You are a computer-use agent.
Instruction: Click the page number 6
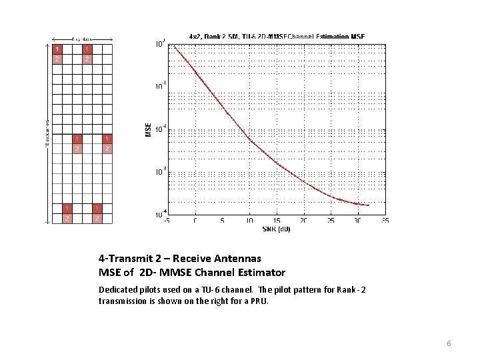pyautogui.click(x=449, y=343)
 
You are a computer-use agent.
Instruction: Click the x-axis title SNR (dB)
pyautogui.click(x=277, y=229)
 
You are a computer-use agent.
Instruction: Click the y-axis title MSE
pyautogui.click(x=148, y=129)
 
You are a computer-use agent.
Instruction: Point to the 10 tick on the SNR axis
pyautogui.click(x=249, y=221)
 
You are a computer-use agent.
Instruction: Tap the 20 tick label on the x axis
pyautogui.click(x=303, y=221)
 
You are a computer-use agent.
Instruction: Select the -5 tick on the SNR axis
pyautogui.click(x=167, y=221)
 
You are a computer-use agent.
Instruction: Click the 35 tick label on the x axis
pyautogui.click(x=385, y=221)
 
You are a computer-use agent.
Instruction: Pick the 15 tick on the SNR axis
pyautogui.click(x=276, y=221)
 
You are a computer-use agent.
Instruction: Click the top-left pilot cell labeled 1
pyautogui.click(x=57, y=49)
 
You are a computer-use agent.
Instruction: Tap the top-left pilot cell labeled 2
pyautogui.click(x=57, y=59)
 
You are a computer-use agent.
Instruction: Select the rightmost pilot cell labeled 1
pyautogui.click(x=107, y=139)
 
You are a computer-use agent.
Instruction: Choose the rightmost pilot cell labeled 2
pyautogui.click(x=107, y=149)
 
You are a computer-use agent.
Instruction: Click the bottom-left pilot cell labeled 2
pyautogui.click(x=67, y=218)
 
